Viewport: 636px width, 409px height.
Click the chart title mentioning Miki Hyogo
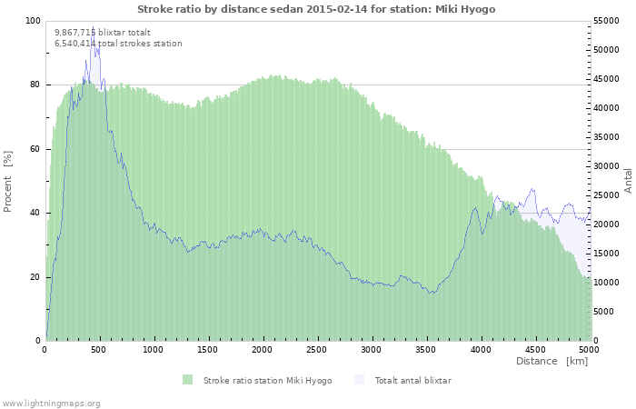pyautogui.click(x=316, y=9)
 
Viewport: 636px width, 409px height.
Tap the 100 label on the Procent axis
pyautogui.click(x=34, y=21)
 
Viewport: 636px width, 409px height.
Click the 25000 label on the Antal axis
pyautogui.click(x=606, y=195)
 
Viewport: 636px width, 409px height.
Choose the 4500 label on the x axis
pyautogui.click(x=535, y=349)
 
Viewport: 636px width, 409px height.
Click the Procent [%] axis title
pyautogui.click(x=7, y=182)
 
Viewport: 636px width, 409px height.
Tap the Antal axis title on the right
pyautogui.click(x=628, y=181)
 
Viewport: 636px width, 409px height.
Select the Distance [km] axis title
pyautogui.click(x=552, y=361)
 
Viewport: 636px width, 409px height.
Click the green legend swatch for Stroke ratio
pyautogui.click(x=187, y=380)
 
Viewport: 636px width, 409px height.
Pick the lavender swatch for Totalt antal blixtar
pyautogui.click(x=360, y=380)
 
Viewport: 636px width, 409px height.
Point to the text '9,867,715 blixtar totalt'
pyautogui.click(x=103, y=33)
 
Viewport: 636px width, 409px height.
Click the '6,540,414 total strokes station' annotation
pyautogui.click(x=118, y=44)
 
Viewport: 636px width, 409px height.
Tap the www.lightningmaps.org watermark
pyautogui.click(x=50, y=404)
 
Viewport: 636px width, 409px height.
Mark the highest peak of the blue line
pyautogui.click(x=94, y=26)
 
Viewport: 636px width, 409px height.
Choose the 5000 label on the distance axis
pyautogui.click(x=590, y=349)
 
